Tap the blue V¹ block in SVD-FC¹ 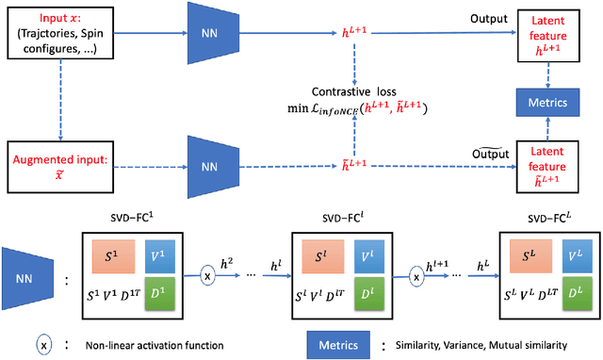pos(178,256)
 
